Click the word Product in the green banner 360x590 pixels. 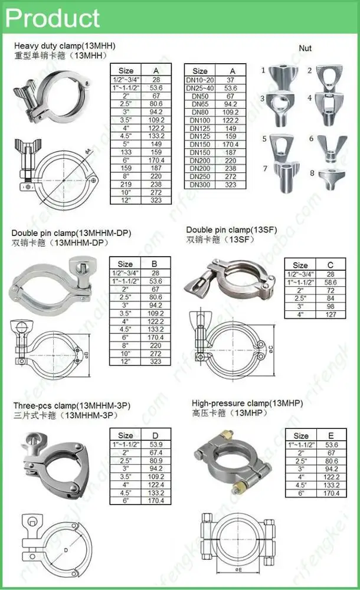[53, 18]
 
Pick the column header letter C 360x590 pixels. [330, 265]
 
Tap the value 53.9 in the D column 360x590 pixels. [156, 444]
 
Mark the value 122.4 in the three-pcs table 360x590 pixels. [156, 484]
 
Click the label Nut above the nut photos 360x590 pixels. [305, 48]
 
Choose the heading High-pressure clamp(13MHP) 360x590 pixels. [247, 404]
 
